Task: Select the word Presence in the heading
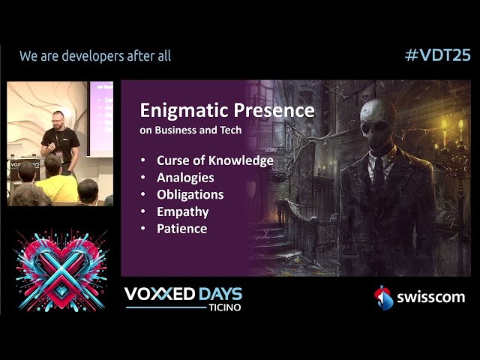(277, 110)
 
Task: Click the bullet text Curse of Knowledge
(214, 160)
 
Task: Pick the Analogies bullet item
(185, 178)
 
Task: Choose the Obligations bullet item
(190, 195)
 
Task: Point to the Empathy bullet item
(182, 211)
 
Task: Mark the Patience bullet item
(181, 229)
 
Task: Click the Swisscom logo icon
(383, 298)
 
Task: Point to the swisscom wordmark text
(430, 298)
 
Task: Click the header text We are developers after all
(95, 55)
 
